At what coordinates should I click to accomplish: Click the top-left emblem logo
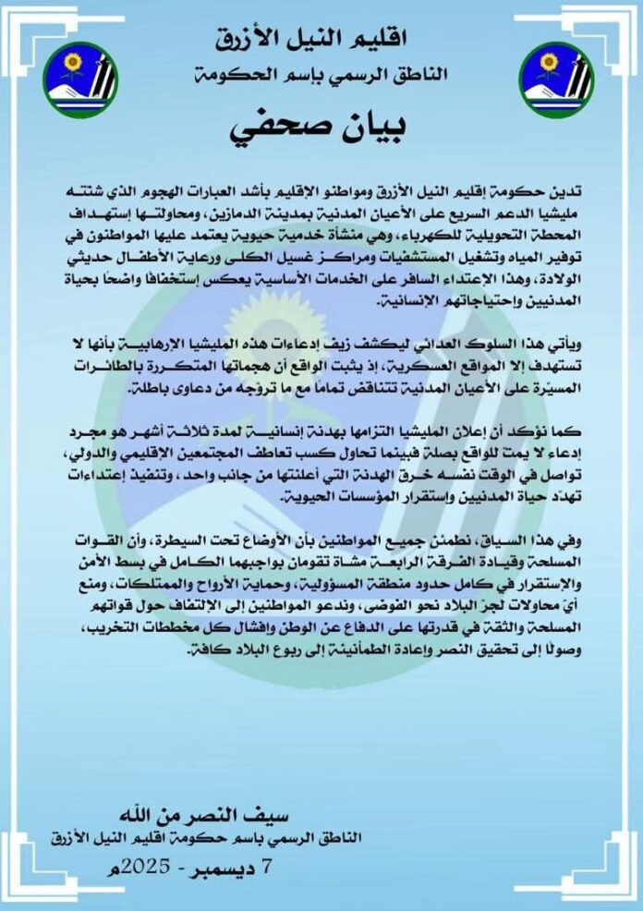click(x=80, y=79)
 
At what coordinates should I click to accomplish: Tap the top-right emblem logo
click(x=555, y=79)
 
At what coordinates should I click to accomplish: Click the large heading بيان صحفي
click(x=321, y=128)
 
